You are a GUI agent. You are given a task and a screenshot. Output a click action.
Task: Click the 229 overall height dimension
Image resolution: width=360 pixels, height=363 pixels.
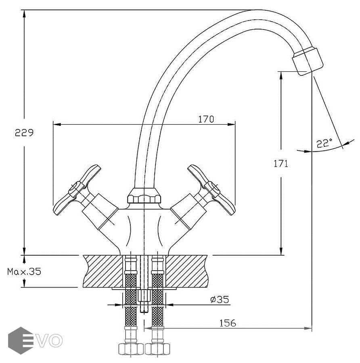click(x=24, y=133)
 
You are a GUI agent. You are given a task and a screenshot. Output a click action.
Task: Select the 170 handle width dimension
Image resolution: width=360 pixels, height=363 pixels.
click(x=206, y=119)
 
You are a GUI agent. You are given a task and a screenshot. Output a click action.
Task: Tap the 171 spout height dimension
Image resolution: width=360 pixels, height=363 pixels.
click(x=281, y=164)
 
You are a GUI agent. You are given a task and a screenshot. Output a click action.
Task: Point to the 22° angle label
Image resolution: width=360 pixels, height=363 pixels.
click(x=324, y=143)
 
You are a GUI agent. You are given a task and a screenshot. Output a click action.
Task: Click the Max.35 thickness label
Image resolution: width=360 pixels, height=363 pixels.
click(x=24, y=271)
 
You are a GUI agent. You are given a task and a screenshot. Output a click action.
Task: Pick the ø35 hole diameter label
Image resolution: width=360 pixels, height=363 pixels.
click(x=220, y=299)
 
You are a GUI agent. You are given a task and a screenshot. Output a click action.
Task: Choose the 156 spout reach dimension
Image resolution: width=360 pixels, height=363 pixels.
click(x=228, y=323)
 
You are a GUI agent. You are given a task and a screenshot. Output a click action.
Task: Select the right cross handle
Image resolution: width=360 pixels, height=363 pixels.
click(x=211, y=190)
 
